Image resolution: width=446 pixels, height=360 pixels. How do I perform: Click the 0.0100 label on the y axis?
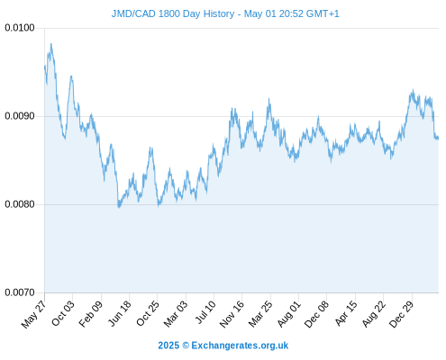click(20, 28)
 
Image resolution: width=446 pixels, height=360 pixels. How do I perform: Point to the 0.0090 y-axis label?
click(20, 116)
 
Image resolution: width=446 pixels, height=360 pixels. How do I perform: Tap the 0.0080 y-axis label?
click(20, 204)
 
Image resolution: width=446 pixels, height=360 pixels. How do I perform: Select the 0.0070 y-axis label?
click(20, 292)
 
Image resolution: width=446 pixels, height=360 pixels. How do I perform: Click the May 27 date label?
click(33, 314)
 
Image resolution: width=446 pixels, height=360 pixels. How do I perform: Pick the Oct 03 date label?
click(62, 313)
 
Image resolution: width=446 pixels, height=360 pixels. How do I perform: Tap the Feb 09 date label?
click(90, 314)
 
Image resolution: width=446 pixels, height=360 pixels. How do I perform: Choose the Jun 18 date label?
click(119, 313)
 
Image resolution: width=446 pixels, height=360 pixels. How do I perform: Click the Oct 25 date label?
click(147, 313)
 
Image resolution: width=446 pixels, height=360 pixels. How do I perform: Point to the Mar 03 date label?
click(176, 314)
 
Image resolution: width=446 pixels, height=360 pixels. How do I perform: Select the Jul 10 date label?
click(205, 312)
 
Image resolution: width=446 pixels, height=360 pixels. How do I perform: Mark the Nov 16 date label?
click(232, 314)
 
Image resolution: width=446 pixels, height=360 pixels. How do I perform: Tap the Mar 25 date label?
click(260, 314)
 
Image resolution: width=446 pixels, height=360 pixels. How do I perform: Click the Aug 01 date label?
click(288, 314)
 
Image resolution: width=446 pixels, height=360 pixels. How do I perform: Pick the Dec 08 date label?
click(316, 314)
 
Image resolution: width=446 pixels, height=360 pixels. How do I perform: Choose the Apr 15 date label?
click(346, 313)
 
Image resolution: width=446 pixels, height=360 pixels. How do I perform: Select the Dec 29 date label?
click(401, 314)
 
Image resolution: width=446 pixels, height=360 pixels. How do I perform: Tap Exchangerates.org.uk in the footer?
click(240, 346)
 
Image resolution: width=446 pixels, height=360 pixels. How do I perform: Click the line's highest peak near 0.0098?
click(51, 44)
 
